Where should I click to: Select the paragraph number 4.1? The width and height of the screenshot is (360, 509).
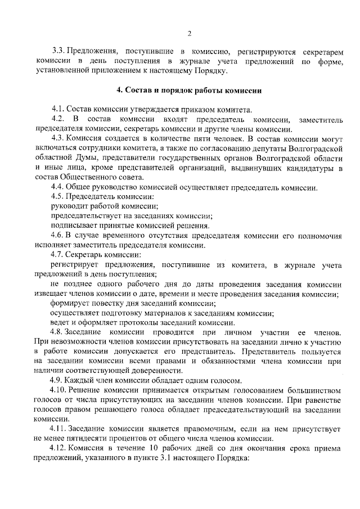[x=57, y=109]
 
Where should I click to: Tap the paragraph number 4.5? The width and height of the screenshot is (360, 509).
[x=57, y=197]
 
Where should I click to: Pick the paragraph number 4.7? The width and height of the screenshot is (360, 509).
[x=57, y=255]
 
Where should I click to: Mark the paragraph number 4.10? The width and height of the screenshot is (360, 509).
[x=60, y=390]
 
